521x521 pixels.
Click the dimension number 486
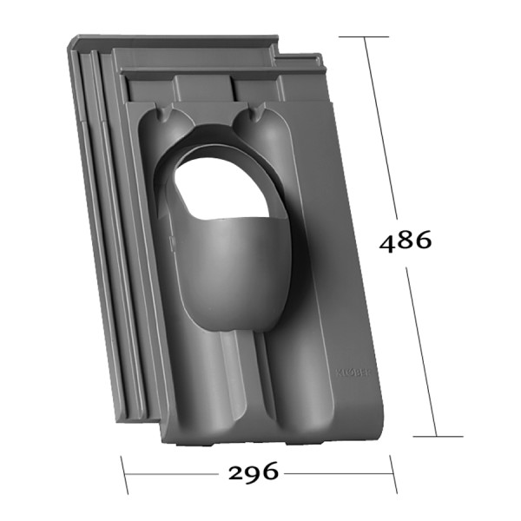[x=405, y=241]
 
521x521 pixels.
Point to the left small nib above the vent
[x=166, y=114]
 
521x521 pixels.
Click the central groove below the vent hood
[x=231, y=382]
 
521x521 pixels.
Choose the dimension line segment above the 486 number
[x=381, y=130]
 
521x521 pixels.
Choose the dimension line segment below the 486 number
[x=421, y=347]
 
